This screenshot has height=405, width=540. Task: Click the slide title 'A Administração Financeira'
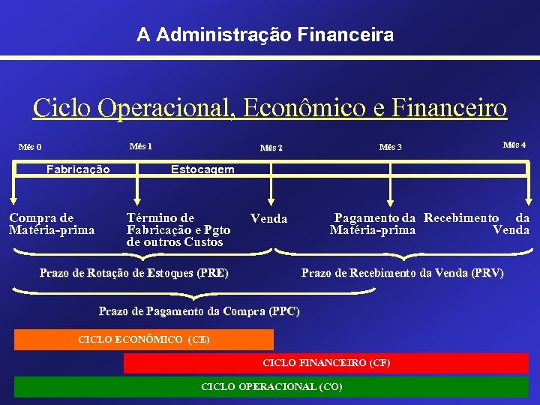coord(265,34)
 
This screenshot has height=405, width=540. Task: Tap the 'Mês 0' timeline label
coord(30,147)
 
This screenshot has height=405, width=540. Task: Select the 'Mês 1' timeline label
coord(140,145)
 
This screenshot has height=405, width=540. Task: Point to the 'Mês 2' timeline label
coord(271,148)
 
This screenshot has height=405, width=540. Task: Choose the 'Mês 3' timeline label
coord(391,147)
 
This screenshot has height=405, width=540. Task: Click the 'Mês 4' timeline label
coord(514,145)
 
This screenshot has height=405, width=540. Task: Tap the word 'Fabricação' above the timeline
coord(78,169)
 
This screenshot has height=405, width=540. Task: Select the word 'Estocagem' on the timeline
coord(202,169)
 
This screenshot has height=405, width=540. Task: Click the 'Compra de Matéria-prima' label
coord(52,223)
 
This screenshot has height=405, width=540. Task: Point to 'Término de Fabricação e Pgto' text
coord(178,223)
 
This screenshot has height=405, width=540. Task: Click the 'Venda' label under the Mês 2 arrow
coord(268,218)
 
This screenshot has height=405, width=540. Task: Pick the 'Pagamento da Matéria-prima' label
coord(373,223)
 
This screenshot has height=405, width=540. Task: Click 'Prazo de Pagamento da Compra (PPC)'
coord(199,311)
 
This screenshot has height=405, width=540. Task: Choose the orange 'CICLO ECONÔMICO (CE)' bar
coord(144,340)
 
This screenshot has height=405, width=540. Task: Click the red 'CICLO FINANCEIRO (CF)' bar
coord(326,363)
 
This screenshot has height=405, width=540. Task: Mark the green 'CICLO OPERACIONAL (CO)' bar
coord(271,387)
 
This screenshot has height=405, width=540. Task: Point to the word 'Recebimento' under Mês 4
coord(461,217)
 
